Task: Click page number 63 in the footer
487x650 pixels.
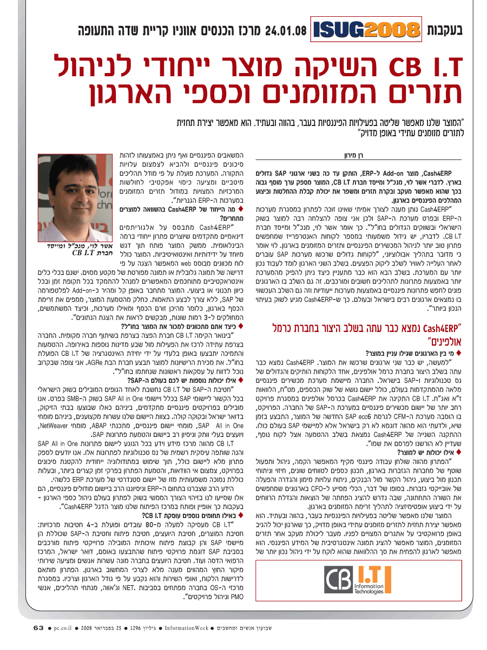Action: (x=37, y=628)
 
